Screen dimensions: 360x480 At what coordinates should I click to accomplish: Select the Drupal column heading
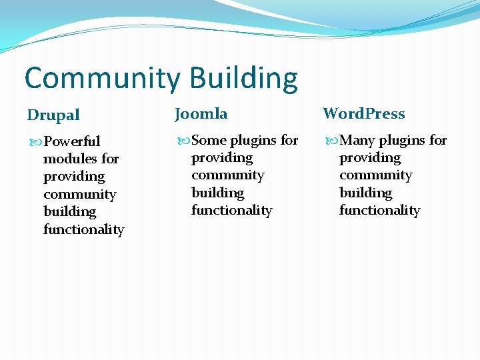(53, 115)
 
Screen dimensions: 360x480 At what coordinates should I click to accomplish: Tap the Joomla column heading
(201, 114)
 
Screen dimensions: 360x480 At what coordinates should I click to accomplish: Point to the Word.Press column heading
(364, 114)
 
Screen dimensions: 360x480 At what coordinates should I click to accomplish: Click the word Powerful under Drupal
(71, 141)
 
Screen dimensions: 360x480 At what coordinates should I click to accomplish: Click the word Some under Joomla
(209, 140)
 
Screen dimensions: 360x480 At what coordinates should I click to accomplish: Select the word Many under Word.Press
(357, 140)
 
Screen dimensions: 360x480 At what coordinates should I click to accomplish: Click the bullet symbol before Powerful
(35, 141)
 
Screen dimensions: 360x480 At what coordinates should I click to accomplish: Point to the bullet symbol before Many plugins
(331, 140)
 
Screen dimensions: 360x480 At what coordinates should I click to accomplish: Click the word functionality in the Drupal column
(84, 229)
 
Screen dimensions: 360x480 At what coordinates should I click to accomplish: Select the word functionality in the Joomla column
(232, 211)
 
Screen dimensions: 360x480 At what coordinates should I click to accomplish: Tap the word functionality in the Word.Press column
(380, 211)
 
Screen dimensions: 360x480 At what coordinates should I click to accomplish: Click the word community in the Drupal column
(79, 194)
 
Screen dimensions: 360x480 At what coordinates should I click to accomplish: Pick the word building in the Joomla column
(218, 193)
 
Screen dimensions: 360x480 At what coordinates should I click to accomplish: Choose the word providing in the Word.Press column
(370, 158)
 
